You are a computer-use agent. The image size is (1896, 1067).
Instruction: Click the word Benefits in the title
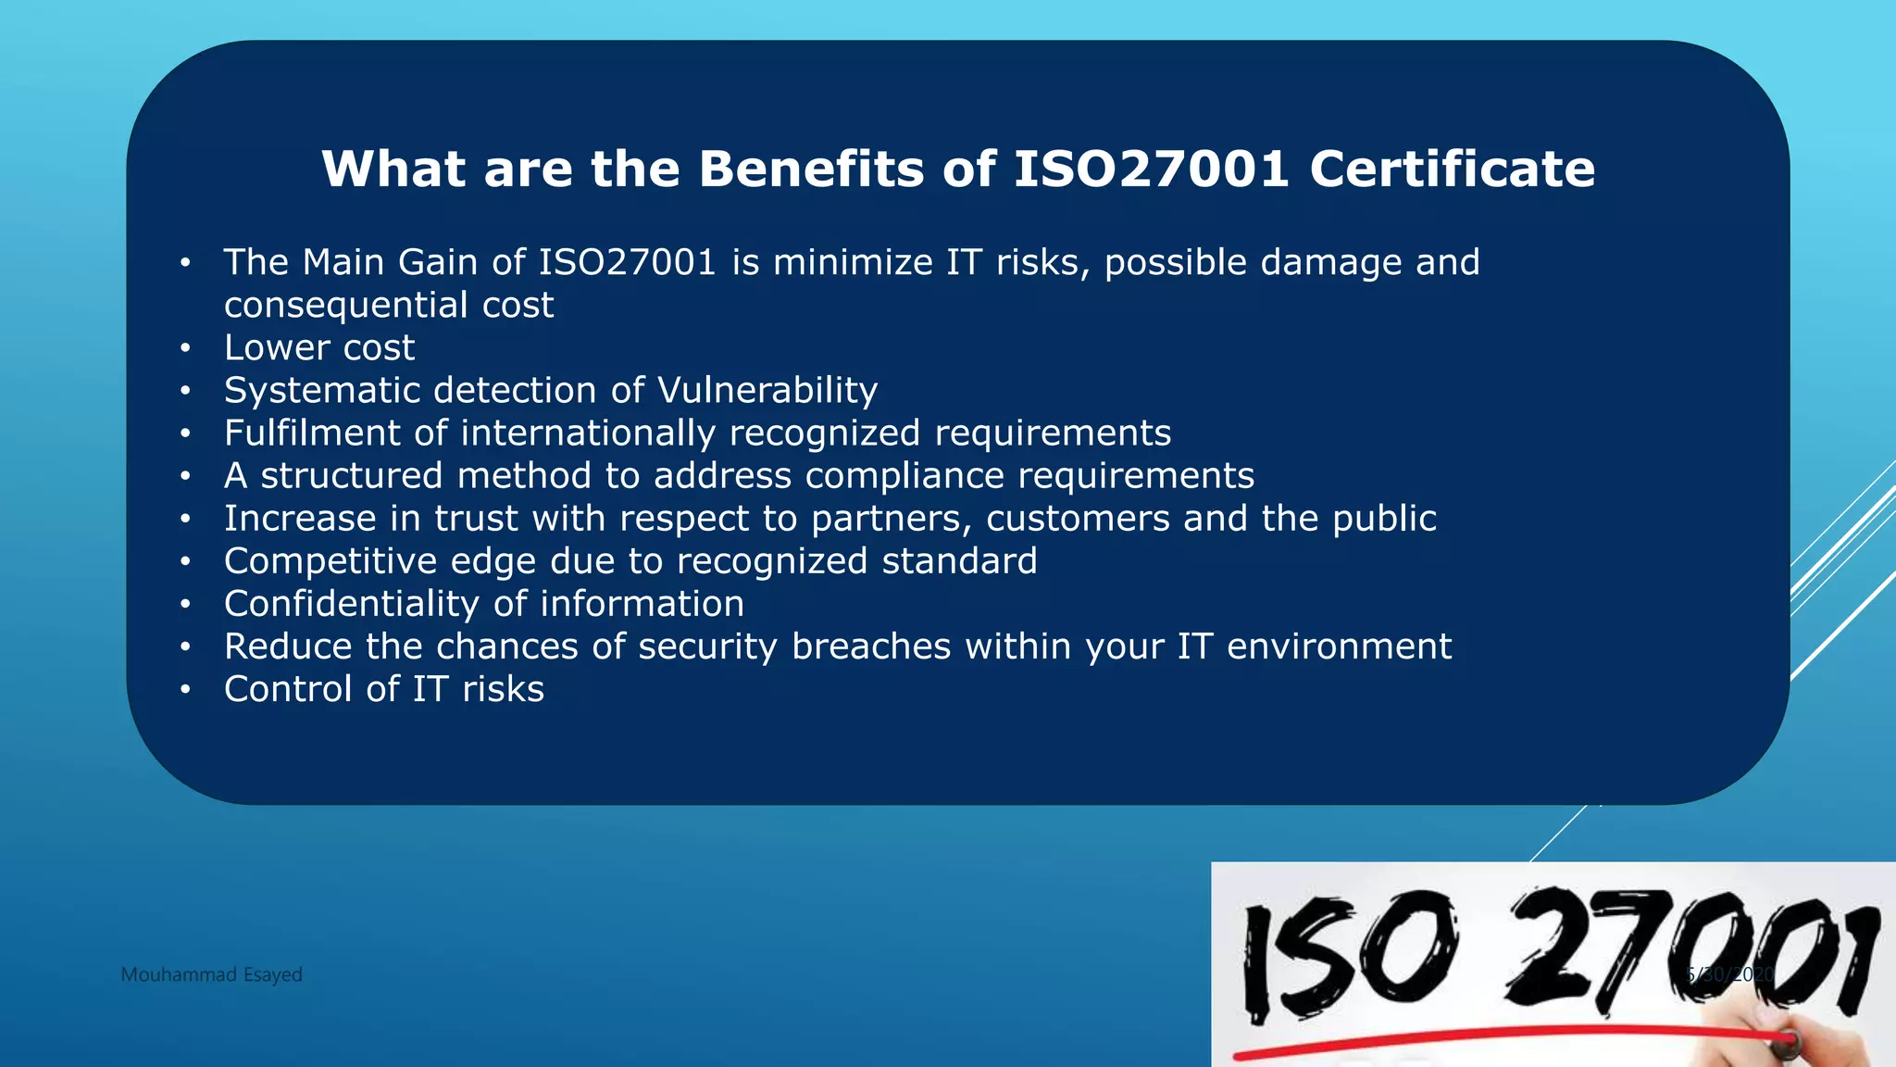pos(812,169)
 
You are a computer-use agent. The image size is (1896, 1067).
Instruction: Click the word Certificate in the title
pos(1452,169)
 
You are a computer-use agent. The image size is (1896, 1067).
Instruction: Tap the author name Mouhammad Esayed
pos(211,974)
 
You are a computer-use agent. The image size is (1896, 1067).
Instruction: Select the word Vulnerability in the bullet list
pos(767,391)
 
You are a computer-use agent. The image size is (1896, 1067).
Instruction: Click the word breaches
pos(871,646)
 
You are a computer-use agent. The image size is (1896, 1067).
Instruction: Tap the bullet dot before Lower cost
pos(185,348)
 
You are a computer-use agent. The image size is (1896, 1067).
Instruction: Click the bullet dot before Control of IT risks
pos(185,690)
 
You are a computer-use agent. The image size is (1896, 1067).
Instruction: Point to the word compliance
pos(904,476)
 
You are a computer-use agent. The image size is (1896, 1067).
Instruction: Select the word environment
pos(1339,646)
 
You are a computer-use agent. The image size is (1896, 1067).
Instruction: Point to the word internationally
pos(588,433)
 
